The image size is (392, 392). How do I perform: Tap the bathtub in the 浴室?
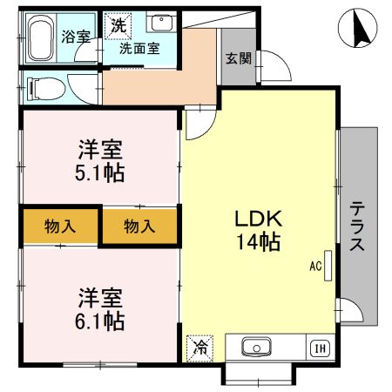(x=40, y=38)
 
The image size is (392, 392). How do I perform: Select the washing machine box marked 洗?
(x=117, y=25)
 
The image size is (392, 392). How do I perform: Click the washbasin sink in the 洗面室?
(x=160, y=24)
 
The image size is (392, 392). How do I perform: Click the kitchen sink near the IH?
(x=256, y=348)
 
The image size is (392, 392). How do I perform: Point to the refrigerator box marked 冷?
(x=199, y=347)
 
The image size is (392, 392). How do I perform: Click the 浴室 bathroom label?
(x=75, y=37)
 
